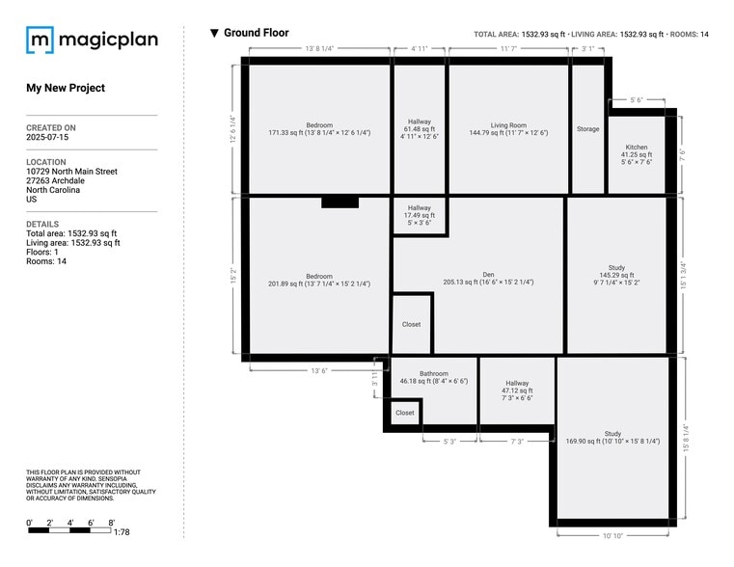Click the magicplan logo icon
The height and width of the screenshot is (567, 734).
point(40,40)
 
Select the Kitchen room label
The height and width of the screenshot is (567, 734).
point(637,148)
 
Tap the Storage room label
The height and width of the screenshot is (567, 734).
point(587,128)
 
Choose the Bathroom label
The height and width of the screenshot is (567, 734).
point(433,374)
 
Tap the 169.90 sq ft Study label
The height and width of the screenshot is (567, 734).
point(612,434)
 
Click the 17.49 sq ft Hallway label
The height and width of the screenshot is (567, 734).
point(419,208)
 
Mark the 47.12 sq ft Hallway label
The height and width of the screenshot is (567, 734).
point(517,386)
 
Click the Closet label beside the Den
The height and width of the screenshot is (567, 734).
point(411,324)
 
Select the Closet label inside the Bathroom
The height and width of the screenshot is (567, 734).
point(405,413)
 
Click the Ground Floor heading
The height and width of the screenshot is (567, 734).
point(256,33)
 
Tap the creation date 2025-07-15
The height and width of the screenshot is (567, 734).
point(47,138)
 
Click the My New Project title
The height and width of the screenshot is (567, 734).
point(66,88)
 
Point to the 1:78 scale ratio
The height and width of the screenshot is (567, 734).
point(122,532)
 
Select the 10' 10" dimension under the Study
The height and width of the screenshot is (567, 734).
point(612,535)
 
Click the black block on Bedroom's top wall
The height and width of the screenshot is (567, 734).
point(340,202)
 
